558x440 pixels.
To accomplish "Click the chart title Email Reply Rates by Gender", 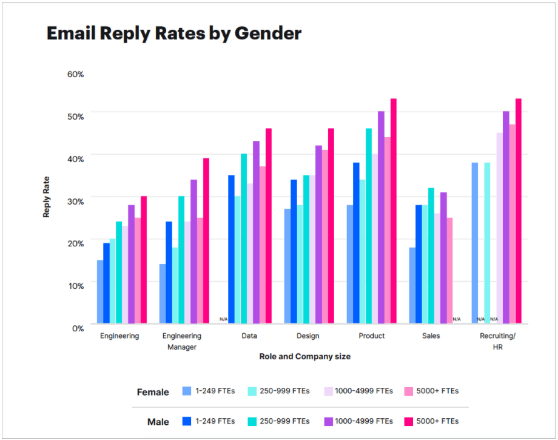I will (174, 33).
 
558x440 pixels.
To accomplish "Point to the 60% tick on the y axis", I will (76, 74).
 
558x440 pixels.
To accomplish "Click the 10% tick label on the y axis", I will (76, 285).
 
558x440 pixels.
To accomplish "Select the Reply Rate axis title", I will (47, 197).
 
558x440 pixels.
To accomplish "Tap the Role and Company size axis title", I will (304, 356).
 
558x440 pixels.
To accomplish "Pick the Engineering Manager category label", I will (182, 341).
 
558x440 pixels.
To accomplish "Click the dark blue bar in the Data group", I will (231, 249).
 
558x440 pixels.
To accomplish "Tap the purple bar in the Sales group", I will (443, 258).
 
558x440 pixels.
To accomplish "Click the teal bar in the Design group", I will (306, 249).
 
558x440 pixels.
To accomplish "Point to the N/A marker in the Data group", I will (223, 319).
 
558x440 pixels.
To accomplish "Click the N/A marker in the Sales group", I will (456, 319).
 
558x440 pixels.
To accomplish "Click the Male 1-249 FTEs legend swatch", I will (187, 421).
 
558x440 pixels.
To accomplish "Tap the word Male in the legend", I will (158, 422).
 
